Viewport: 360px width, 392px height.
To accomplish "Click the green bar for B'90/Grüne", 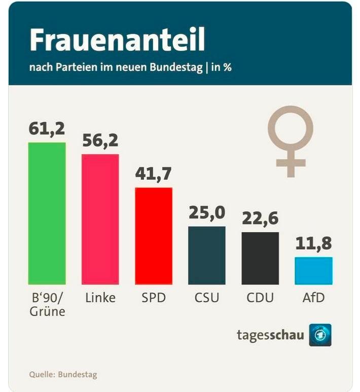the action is (x=47, y=213).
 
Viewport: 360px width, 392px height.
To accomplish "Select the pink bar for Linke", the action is (x=100, y=219).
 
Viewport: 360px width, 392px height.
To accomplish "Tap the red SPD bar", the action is (x=154, y=236).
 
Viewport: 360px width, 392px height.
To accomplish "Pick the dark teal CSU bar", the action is (x=207, y=255).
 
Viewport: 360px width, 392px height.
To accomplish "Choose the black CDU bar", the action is (x=260, y=258).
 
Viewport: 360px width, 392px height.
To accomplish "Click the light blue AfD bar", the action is (x=313, y=271).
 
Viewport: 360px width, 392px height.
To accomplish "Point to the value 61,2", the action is (x=47, y=129).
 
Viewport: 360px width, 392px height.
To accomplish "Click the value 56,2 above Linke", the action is (x=100, y=140).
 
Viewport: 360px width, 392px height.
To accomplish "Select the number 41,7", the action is (x=153, y=174).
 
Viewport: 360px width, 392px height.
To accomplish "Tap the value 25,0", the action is (x=207, y=213).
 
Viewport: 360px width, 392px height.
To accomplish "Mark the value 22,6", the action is (x=260, y=219).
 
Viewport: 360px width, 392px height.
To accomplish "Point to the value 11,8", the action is (x=313, y=243).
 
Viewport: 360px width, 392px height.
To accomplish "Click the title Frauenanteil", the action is (x=117, y=40).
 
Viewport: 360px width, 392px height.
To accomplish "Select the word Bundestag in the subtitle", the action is (x=176, y=67).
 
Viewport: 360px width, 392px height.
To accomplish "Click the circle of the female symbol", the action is (x=291, y=128).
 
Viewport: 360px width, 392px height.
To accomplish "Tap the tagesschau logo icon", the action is (x=320, y=335).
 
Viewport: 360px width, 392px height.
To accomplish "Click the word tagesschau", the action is (x=270, y=335).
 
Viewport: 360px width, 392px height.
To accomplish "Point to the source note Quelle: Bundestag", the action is (x=63, y=375).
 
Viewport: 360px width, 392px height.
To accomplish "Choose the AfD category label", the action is (x=313, y=298).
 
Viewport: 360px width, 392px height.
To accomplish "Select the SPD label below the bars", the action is (x=154, y=298).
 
